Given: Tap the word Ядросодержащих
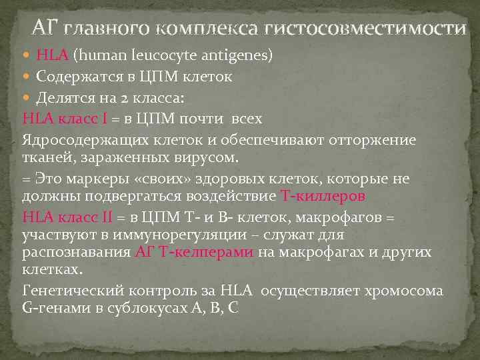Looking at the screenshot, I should point(81,140).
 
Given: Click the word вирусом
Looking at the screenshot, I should point(211,157).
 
